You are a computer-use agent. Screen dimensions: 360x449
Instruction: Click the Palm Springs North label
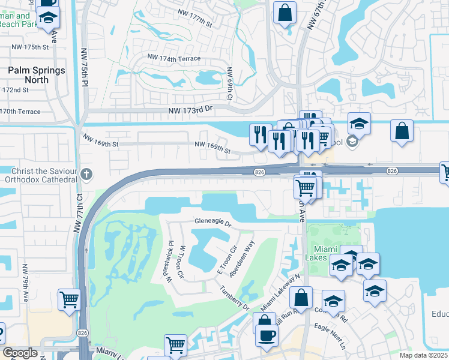[x=36, y=75]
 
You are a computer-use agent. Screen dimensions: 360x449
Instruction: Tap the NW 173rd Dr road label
[x=191, y=110]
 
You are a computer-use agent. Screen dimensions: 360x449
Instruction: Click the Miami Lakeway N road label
[x=279, y=303]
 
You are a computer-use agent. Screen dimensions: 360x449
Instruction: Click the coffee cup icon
[x=267, y=335]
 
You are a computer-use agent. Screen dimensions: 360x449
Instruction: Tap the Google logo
[x=20, y=353]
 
